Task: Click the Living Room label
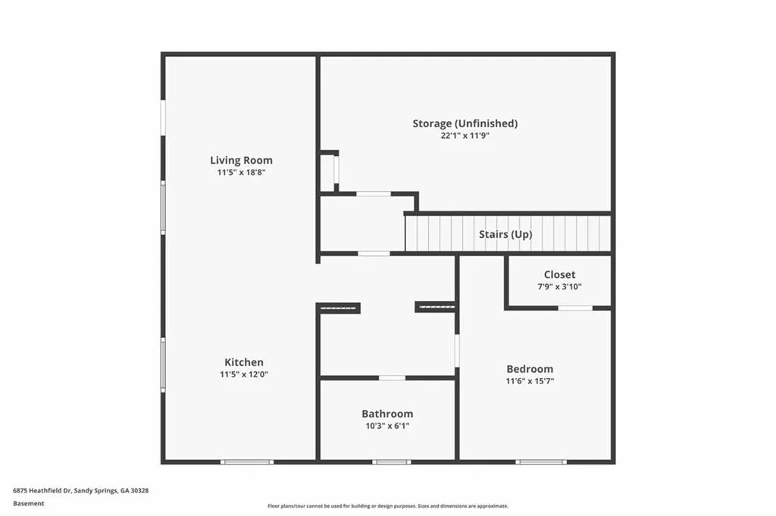(241, 161)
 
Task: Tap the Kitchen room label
(244, 362)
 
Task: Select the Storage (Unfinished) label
(465, 124)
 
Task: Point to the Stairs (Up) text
(505, 234)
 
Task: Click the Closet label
(560, 274)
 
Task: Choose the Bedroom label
(530, 369)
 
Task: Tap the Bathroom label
(387, 414)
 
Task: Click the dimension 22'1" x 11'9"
(465, 136)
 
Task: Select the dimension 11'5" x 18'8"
(242, 173)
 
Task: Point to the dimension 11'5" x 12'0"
(244, 374)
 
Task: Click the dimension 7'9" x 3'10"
(560, 286)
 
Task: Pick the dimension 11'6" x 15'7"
(530, 381)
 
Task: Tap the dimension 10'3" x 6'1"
(387, 426)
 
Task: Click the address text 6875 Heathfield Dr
(42, 491)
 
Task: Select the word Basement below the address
(29, 504)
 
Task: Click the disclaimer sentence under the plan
(388, 506)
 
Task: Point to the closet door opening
(575, 308)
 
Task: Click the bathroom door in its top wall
(392, 378)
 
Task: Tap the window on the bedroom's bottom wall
(541, 462)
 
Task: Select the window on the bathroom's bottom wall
(392, 462)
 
